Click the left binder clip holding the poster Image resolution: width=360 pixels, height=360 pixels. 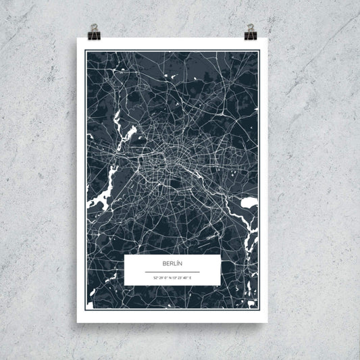coord(93,31)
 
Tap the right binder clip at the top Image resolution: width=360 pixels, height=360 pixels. coord(251,31)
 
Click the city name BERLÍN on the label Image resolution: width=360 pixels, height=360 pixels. coord(172,263)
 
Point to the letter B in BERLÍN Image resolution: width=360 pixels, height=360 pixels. coord(164,263)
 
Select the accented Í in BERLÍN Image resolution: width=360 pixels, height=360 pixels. coord(177,263)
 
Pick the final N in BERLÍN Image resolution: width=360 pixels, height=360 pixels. coord(181,263)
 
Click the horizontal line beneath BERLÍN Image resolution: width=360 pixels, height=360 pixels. coord(172,272)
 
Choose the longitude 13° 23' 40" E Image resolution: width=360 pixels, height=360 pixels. coord(182,278)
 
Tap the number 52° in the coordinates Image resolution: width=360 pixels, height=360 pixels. coord(155,278)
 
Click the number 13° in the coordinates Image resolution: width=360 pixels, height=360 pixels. coord(175,278)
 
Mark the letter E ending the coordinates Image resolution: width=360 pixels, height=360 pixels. coord(190,278)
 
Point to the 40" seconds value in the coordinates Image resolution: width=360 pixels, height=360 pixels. coord(186,278)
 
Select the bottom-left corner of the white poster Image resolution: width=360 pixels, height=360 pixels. coord(77,322)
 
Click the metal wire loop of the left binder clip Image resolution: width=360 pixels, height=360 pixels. coord(93,28)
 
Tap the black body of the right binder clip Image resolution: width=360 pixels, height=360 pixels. coord(251,34)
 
